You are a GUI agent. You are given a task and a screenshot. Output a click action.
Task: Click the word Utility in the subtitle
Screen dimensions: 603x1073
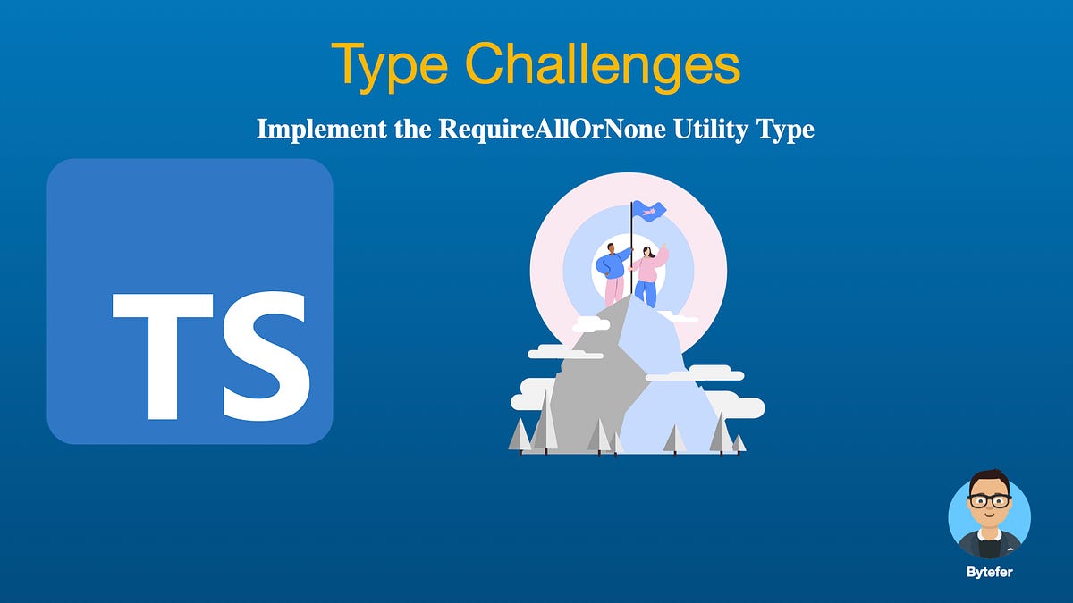click(x=709, y=130)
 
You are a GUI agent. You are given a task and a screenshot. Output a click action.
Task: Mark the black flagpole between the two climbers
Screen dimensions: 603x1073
click(x=631, y=259)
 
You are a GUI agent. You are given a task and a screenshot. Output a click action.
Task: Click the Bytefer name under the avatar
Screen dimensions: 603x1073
click(x=989, y=573)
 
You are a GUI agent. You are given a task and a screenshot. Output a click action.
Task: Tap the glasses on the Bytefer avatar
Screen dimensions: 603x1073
click(x=989, y=502)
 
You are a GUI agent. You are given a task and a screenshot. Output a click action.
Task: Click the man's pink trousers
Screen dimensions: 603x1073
click(x=614, y=291)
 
